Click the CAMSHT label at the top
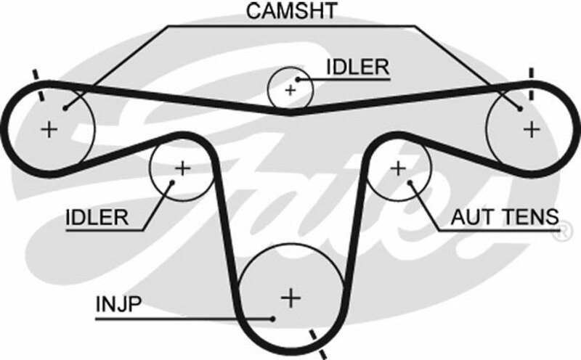(x=290, y=12)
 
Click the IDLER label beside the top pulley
(x=357, y=67)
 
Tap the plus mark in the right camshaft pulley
(x=532, y=128)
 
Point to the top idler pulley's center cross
(x=290, y=90)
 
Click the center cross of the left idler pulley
(x=182, y=168)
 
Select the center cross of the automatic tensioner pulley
(x=397, y=168)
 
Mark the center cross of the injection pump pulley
(x=290, y=297)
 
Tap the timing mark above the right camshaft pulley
(x=532, y=83)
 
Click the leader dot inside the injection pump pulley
(x=272, y=318)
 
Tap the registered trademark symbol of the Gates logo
(x=561, y=234)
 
